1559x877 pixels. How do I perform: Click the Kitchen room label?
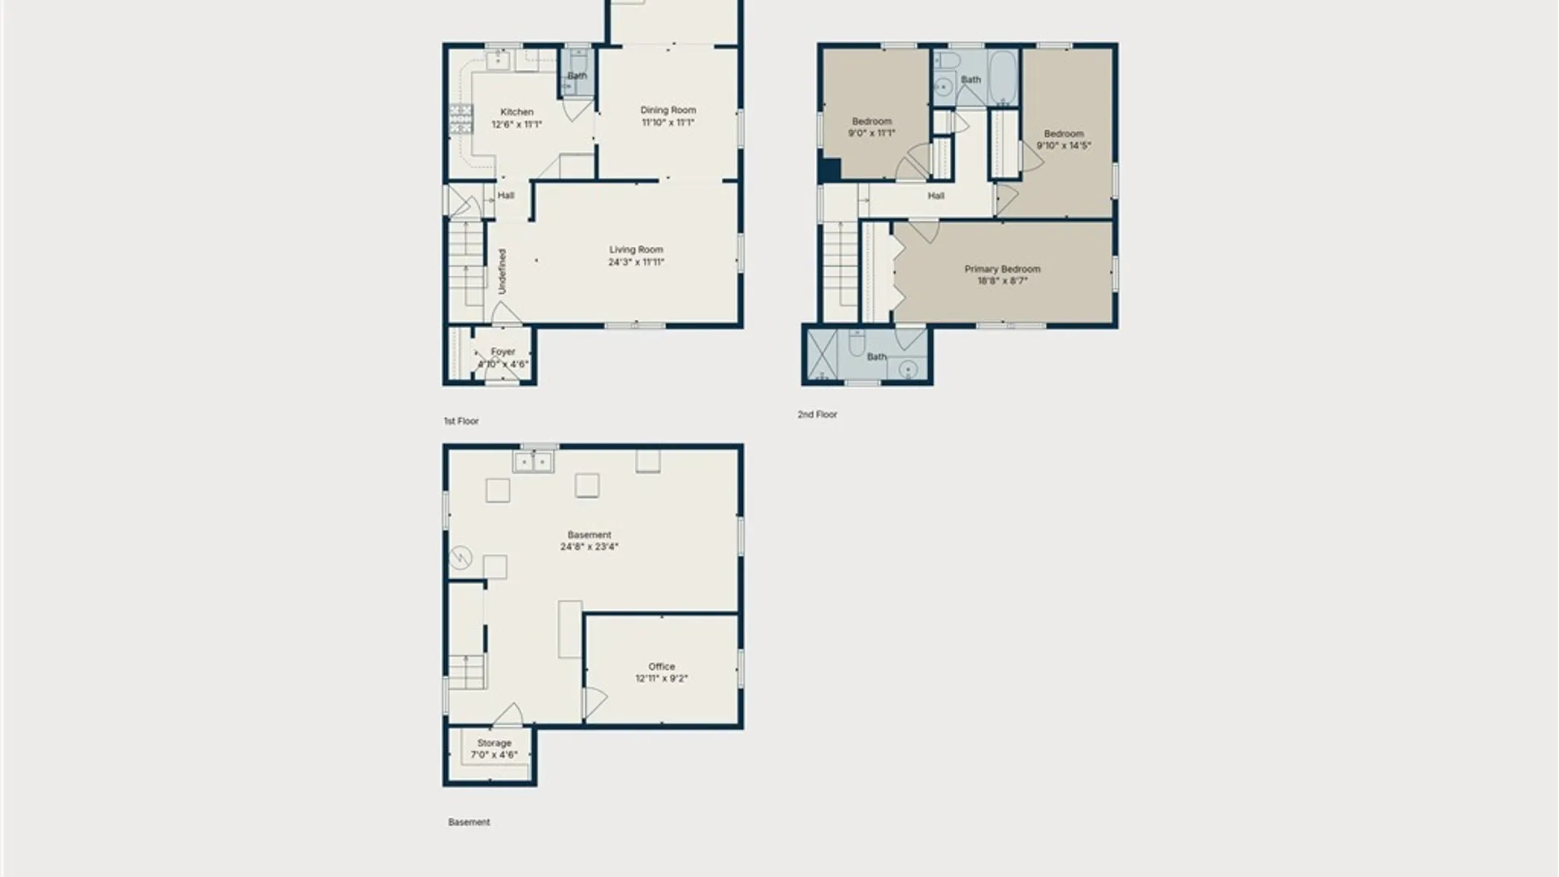(516, 112)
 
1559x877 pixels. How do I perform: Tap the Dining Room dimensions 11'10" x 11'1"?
(667, 123)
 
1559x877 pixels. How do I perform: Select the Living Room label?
(636, 250)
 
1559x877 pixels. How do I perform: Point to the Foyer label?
(503, 352)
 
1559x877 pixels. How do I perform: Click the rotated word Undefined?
(502, 271)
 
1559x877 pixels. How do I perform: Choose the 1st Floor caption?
(461, 421)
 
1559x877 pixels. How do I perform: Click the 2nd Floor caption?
(817, 414)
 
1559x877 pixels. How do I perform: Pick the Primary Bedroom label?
(1002, 269)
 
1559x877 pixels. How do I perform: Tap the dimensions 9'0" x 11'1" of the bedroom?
(871, 133)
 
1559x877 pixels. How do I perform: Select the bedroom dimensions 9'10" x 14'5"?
(1064, 146)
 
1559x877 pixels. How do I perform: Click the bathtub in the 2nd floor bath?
(1003, 78)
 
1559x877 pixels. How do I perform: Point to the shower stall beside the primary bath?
(823, 355)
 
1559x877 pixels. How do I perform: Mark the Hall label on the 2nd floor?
(936, 196)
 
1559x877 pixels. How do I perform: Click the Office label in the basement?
(662, 667)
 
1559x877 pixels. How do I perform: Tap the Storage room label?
(494, 743)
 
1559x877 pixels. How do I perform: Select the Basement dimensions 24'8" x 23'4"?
(589, 547)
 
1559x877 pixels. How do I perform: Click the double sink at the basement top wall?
(533, 463)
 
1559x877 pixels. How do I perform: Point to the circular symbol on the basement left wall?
(460, 557)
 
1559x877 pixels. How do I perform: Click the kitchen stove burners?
(461, 119)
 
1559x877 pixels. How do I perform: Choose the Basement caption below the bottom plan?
(469, 822)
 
